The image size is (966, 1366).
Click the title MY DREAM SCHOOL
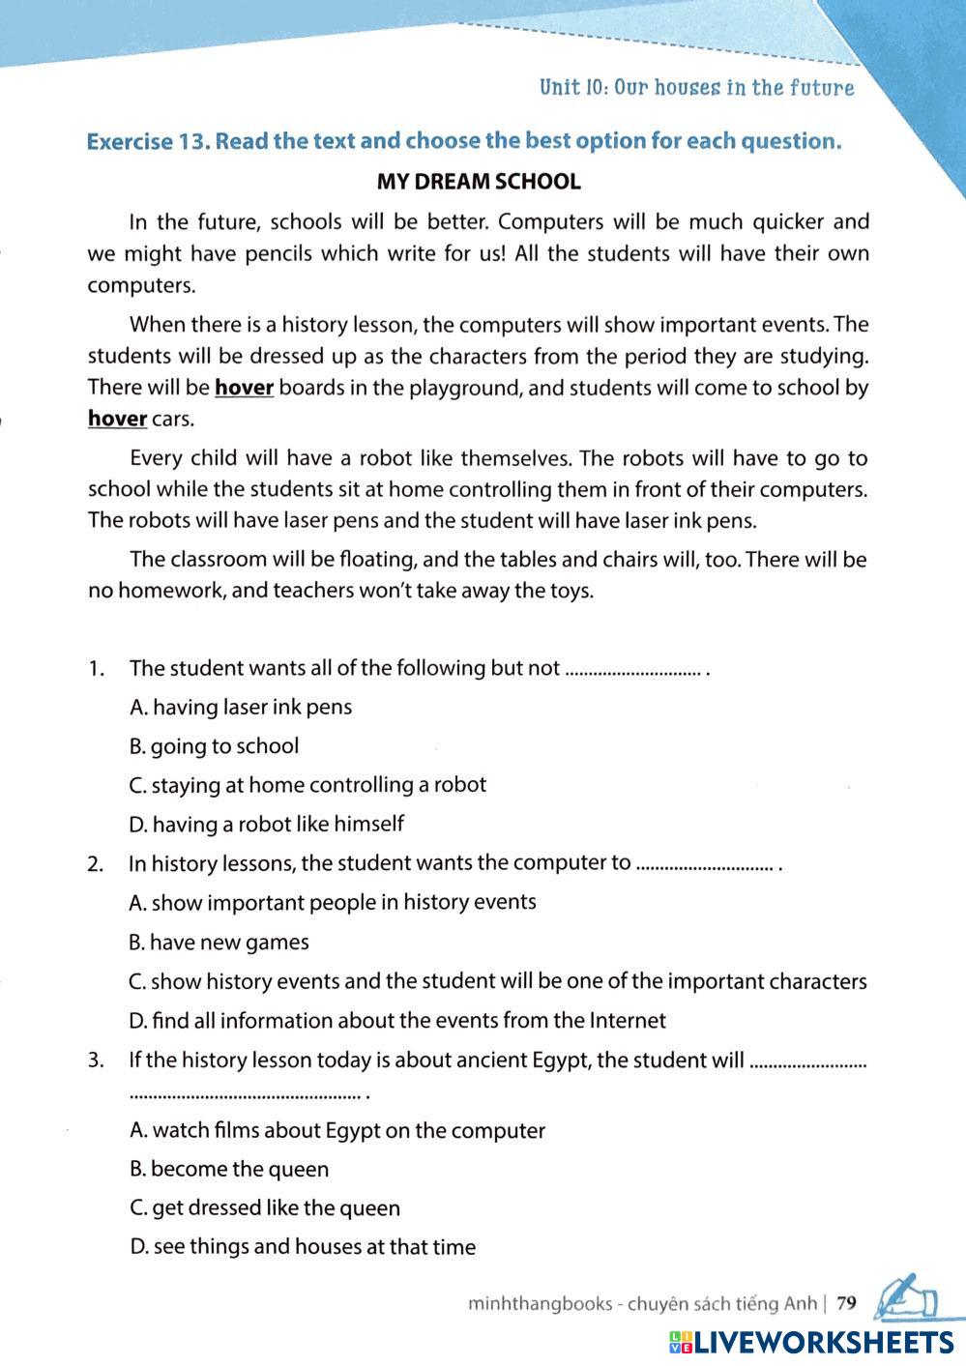click(x=479, y=182)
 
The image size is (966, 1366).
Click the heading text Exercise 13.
click(x=147, y=141)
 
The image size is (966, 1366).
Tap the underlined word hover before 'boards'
click(x=244, y=388)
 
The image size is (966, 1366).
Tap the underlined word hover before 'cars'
click(x=117, y=420)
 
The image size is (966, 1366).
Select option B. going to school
click(x=214, y=746)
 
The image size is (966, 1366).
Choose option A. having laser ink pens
click(x=241, y=708)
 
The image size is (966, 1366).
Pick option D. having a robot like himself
click(x=266, y=825)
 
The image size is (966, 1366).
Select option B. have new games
click(x=219, y=943)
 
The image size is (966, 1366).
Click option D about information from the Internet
click(x=397, y=1021)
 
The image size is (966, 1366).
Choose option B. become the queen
click(x=229, y=1170)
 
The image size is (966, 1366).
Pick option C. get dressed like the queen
click(x=264, y=1208)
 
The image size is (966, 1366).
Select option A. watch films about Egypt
click(x=337, y=1131)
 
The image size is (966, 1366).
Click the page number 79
click(x=846, y=1303)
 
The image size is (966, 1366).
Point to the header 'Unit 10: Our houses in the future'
click(x=696, y=88)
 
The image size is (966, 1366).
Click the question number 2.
click(x=95, y=864)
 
